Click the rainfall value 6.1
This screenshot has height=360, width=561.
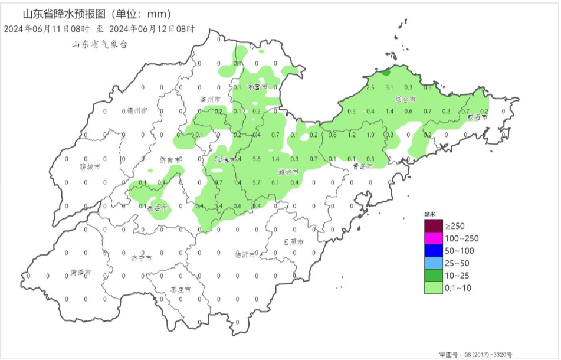click(x=275, y=182)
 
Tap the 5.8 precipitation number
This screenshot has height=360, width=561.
click(x=257, y=159)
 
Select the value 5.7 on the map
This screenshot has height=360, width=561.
click(x=257, y=182)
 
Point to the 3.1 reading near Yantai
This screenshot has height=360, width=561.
click(x=389, y=87)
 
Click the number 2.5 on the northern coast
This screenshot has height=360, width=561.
click(x=370, y=87)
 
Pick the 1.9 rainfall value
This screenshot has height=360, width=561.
click(x=370, y=135)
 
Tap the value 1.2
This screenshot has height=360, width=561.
click(x=352, y=135)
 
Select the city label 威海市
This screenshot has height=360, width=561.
click(x=477, y=117)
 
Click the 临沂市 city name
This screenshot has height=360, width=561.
click(x=245, y=255)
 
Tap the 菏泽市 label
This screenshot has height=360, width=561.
click(x=81, y=273)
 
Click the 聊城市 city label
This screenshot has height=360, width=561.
click(x=90, y=166)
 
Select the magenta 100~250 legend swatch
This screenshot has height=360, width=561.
click(x=433, y=238)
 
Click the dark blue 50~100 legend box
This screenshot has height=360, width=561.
click(x=433, y=251)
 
